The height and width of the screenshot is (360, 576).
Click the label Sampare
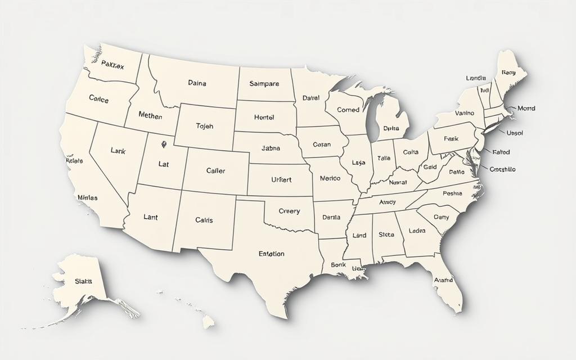264,84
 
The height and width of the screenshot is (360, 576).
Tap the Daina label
197,83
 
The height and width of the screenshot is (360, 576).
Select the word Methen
150,116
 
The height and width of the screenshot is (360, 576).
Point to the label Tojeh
205,126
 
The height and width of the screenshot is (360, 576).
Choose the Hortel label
264,118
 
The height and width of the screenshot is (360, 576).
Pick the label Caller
215,170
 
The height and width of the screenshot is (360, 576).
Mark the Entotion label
271,254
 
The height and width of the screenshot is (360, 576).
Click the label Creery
289,211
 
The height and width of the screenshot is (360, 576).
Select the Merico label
330,178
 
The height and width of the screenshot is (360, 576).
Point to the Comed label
348,110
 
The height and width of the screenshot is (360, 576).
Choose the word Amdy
388,202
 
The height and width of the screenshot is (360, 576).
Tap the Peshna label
452,193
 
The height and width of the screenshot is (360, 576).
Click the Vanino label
464,113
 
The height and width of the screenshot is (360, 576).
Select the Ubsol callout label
515,133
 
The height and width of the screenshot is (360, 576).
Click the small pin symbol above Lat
164,144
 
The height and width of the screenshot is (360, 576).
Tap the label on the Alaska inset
83,281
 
